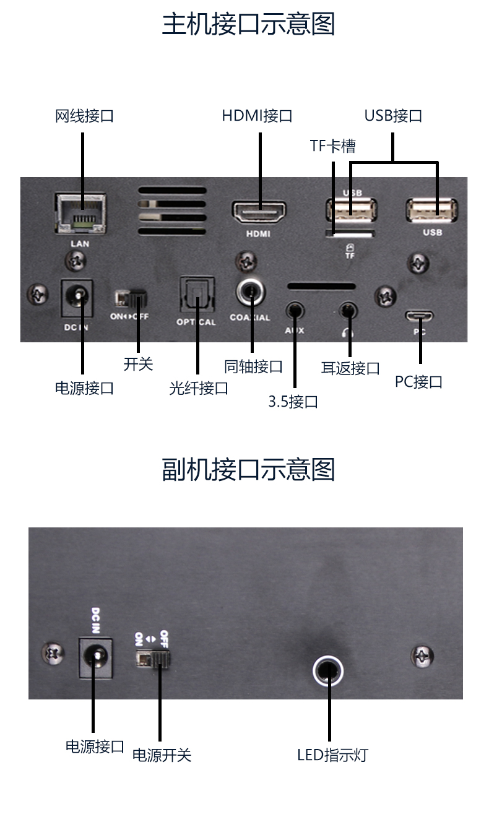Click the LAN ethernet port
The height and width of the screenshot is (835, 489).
80,214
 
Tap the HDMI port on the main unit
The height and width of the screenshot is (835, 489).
259,212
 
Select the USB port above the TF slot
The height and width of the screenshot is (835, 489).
351,210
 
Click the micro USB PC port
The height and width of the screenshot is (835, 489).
419,316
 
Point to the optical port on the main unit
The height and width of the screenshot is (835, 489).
197,295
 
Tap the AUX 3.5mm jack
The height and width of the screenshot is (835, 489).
295,311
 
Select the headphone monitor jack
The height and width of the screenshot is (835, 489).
348,311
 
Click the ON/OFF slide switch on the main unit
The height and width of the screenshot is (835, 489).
131,298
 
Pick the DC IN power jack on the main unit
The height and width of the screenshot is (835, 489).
77,298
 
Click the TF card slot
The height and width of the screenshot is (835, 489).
350,234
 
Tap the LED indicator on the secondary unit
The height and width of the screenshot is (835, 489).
328,670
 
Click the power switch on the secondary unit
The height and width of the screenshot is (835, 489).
153,659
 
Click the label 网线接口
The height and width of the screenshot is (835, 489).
84,116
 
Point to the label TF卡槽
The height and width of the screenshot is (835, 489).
332,145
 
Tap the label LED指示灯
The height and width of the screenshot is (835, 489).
332,755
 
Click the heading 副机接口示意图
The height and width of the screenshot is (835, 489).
248,470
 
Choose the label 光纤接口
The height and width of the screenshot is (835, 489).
198,389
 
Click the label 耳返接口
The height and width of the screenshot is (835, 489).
350,368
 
